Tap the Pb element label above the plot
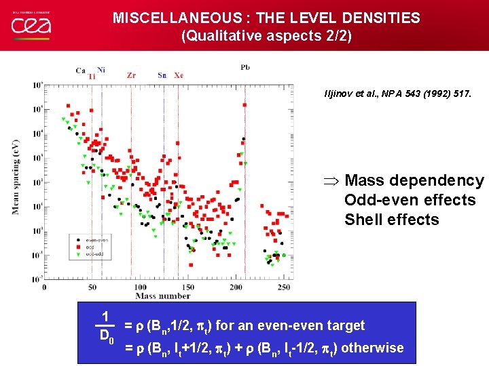pos(244,67)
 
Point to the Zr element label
pos(131,75)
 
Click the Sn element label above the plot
pos(162,75)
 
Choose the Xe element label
pos(178,75)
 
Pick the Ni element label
pos(101,69)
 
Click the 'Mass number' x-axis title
pos(162,296)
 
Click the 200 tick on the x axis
pos(236,287)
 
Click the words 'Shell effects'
pos(391,220)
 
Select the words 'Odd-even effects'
pos(410,200)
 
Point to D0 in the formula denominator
pos(106,335)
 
